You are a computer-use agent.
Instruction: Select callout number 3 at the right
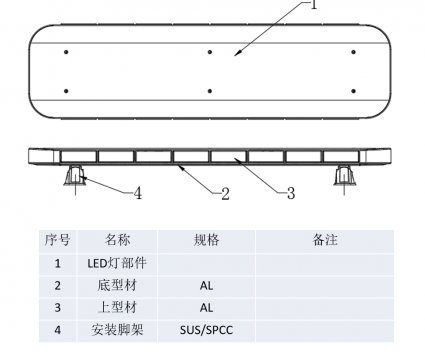[290, 193]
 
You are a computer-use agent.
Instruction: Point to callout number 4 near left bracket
[137, 193]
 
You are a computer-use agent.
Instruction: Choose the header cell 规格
[207, 241]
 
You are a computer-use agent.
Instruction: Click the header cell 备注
[325, 241]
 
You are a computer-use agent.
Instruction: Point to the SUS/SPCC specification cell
[207, 330]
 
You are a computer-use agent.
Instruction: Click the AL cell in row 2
[207, 286]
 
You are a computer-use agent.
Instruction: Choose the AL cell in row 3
[207, 308]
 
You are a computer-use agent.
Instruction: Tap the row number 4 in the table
[58, 330]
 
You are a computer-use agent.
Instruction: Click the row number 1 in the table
[58, 264]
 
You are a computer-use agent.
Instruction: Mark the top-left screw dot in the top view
[65, 51]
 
